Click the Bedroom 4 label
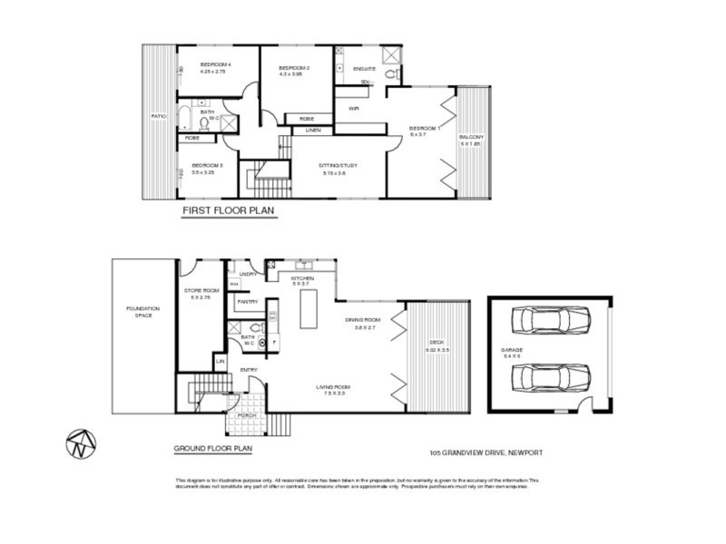click(216, 66)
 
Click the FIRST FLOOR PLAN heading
click(229, 210)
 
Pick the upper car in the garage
click(551, 321)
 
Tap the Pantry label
click(247, 302)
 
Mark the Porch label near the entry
click(246, 415)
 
